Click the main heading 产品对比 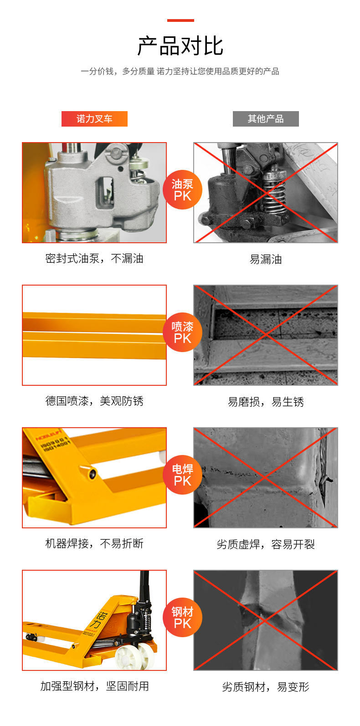point(180,46)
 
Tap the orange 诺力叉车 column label point(94,118)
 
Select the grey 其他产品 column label point(266,118)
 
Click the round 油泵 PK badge point(182,189)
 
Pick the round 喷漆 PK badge point(182,332)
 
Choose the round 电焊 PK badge point(182,475)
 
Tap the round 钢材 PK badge point(182,618)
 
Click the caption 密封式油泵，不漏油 point(94,259)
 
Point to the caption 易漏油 point(266,259)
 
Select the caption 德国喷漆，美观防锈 point(94,401)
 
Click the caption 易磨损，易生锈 point(266,402)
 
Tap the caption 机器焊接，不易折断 point(94,543)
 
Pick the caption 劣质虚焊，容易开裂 point(266,544)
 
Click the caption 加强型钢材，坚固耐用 point(94,686)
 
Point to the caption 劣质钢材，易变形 point(266,687)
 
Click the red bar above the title point(180,20)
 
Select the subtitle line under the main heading point(180,71)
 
